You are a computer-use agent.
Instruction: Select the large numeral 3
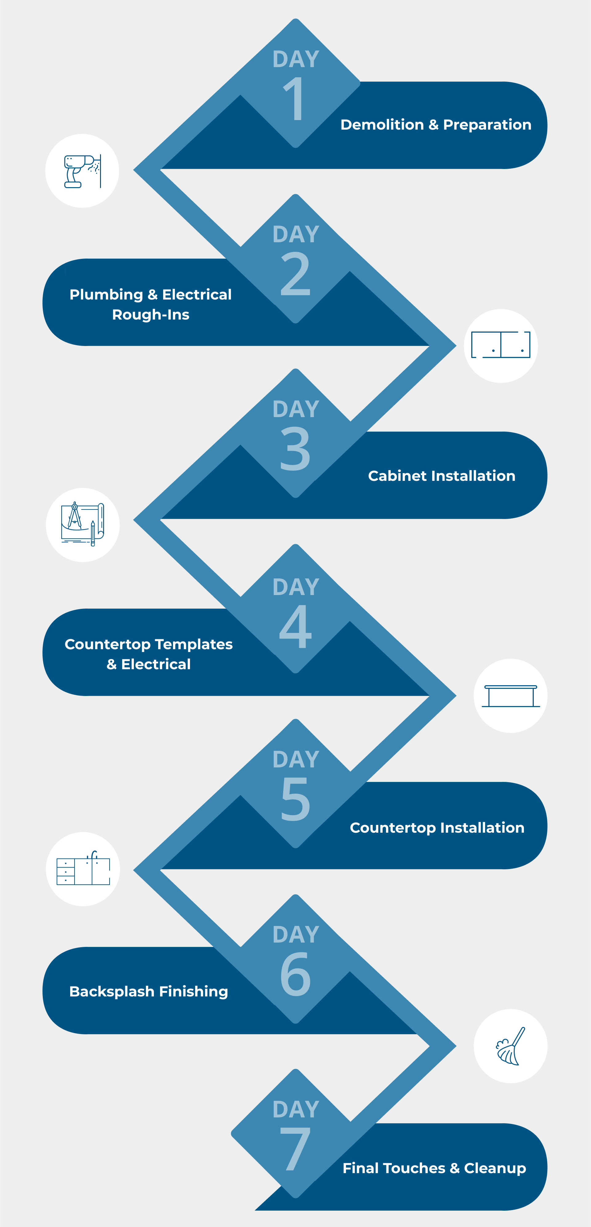[x=295, y=449]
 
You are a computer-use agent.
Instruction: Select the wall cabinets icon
[x=501, y=345]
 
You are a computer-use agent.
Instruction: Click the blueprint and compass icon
[x=82, y=524]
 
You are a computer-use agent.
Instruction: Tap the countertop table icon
[x=511, y=695]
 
